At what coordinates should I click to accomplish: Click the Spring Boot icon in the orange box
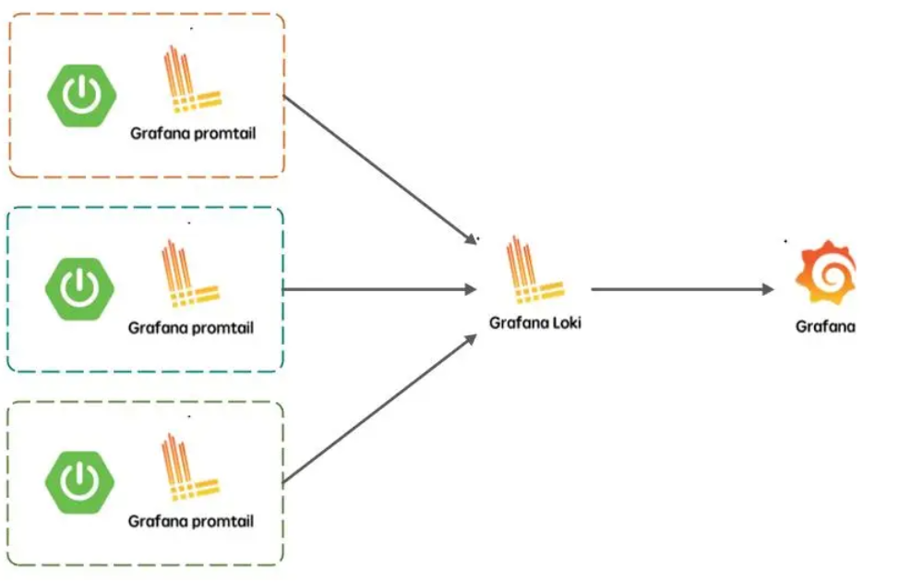80,95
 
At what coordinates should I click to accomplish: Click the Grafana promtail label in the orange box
192,134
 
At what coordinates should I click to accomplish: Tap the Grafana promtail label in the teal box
191,328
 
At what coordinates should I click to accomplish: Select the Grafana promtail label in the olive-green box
191,522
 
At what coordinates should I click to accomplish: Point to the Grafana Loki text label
535,324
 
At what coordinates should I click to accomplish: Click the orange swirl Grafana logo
826,273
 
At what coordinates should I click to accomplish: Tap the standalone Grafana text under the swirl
825,326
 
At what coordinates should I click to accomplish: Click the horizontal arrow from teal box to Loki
378,289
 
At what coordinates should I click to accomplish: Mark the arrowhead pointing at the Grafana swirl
767,289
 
